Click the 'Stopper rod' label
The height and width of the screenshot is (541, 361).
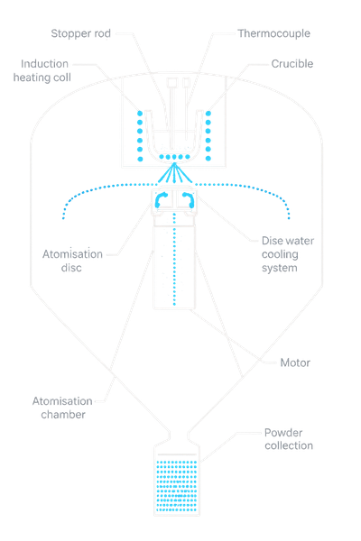81,33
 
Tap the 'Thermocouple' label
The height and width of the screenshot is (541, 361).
274,33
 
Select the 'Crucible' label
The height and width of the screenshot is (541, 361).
292,64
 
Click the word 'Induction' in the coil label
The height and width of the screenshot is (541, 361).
44,64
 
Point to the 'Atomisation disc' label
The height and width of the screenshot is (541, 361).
72,261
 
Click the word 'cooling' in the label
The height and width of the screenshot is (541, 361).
280,254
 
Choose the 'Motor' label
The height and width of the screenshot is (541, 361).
295,362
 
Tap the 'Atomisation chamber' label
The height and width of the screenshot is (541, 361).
62,408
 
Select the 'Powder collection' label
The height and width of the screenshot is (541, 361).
289,439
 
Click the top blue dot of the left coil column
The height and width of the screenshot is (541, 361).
140,114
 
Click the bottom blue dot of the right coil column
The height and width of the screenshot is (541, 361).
208,159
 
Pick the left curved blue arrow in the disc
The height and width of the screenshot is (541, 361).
161,199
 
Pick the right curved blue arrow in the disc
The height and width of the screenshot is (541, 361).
189,199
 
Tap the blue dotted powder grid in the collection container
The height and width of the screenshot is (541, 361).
177,485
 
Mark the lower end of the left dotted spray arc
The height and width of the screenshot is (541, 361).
63,218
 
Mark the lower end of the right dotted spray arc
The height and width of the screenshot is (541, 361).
289,218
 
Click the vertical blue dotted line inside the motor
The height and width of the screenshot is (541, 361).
174,259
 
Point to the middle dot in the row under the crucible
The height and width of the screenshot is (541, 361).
174,157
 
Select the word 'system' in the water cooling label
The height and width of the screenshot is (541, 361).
280,268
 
